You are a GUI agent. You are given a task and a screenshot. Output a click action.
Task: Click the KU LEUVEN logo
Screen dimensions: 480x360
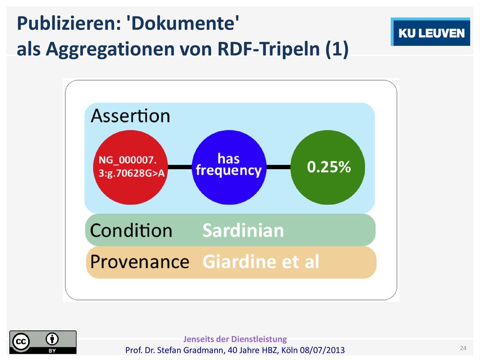(x=430, y=32)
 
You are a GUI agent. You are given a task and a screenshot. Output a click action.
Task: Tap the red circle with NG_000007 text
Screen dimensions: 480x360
(x=130, y=167)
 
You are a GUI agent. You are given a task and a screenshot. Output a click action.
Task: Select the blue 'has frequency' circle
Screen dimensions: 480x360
(x=229, y=167)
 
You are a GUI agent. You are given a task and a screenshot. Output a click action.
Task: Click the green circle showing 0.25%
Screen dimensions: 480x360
(x=328, y=167)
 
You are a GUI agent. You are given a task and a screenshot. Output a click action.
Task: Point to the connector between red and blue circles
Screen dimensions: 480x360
(x=180, y=167)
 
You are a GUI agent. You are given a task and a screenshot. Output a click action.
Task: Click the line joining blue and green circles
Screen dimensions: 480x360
(x=278, y=167)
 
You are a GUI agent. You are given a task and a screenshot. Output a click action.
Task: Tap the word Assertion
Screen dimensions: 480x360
(x=130, y=116)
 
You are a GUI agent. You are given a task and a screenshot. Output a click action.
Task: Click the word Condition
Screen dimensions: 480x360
(x=131, y=230)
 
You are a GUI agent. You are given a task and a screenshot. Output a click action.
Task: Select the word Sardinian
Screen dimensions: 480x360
(x=243, y=230)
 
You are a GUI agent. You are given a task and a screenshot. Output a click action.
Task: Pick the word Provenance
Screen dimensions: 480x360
(x=140, y=262)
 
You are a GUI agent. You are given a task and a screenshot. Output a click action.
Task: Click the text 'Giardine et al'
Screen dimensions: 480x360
(x=261, y=262)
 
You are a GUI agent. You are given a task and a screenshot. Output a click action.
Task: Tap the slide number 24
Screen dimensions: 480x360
(x=463, y=348)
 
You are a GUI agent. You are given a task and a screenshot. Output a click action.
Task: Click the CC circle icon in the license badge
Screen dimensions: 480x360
(x=21, y=341)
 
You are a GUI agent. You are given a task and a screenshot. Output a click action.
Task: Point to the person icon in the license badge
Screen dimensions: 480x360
(x=52, y=339)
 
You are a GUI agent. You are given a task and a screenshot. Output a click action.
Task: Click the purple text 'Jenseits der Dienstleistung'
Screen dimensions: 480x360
(x=235, y=339)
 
